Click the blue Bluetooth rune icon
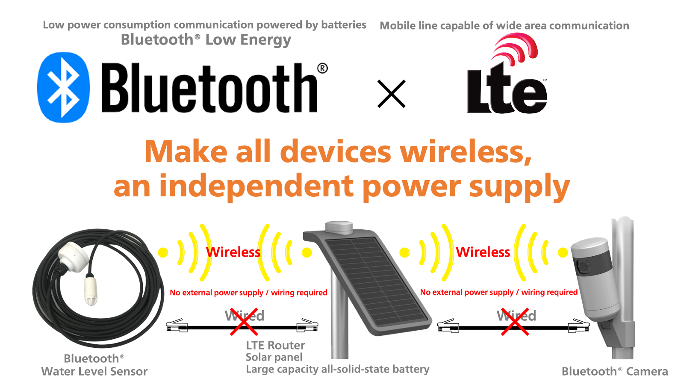click(64, 87)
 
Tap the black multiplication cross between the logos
click(392, 94)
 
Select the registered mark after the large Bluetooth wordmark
click(322, 68)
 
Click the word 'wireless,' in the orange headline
click(466, 152)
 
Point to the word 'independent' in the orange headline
click(256, 186)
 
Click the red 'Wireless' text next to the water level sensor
click(233, 252)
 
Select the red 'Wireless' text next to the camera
click(483, 252)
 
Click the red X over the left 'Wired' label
click(244, 322)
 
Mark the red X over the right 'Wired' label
click(515, 322)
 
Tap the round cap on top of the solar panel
click(339, 227)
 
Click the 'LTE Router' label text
click(275, 345)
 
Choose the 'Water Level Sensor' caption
click(94, 372)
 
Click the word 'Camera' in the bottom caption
click(647, 372)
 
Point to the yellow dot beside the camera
click(563, 252)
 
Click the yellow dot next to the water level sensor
click(163, 252)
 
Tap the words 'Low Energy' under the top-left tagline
click(248, 40)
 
